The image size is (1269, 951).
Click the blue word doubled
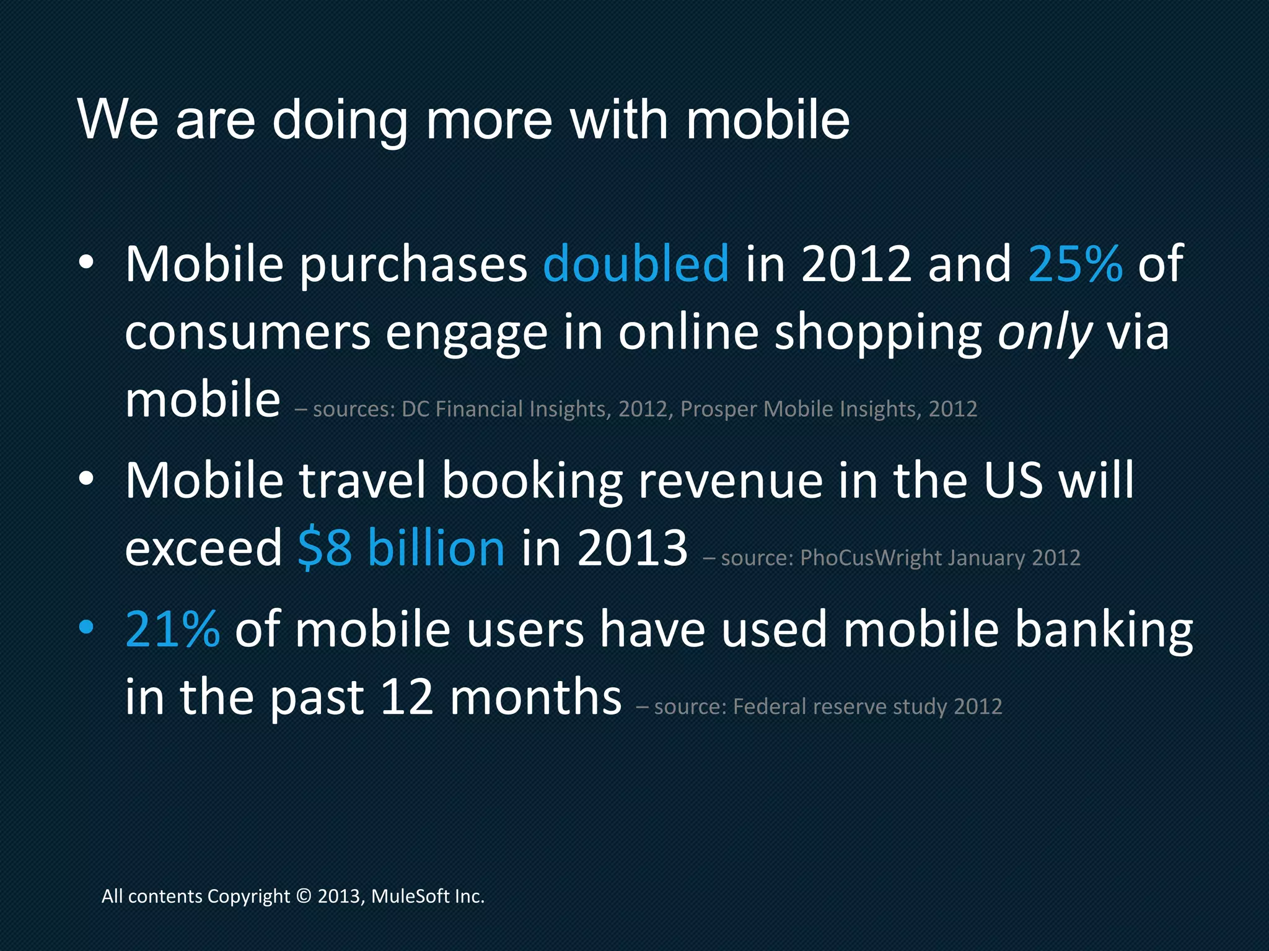pyautogui.click(x=636, y=264)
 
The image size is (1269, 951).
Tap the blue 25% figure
pyautogui.click(x=1075, y=264)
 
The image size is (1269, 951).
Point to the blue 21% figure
pyautogui.click(x=172, y=629)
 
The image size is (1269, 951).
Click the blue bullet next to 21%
pyautogui.click(x=86, y=628)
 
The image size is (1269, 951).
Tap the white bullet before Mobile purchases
pyautogui.click(x=86, y=263)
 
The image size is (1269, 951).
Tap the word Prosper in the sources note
pyautogui.click(x=719, y=409)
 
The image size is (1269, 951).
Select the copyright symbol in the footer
pyautogui.click(x=304, y=897)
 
